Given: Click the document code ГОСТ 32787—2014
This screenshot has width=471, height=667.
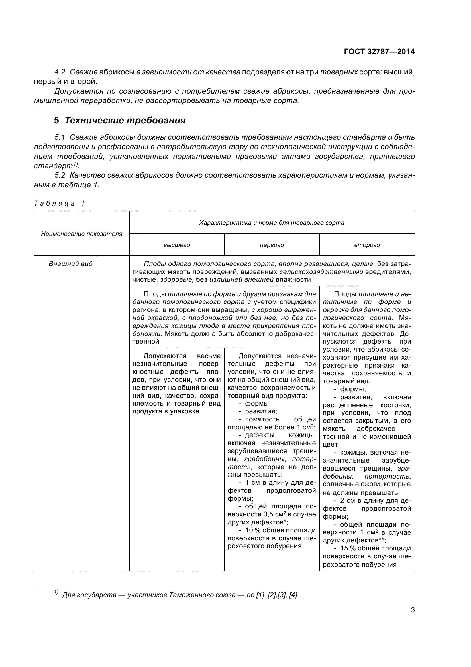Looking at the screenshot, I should pos(379,52).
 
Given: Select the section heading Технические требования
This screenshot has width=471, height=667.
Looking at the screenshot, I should pos(125,120).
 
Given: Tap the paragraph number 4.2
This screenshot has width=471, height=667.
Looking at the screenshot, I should pos(60,72).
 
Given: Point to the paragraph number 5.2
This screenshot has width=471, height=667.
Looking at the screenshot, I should pos(60,175).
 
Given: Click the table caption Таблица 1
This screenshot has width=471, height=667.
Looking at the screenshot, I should pos(59,203).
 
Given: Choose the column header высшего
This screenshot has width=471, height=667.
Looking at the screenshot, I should pos(176,245).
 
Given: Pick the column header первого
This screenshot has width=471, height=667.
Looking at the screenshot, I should pos(272,245).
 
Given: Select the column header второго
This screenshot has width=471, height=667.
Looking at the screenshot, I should pos(367,245).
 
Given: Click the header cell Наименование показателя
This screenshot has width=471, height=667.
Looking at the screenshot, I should pos(81,234).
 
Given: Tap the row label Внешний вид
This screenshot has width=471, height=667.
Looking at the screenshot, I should pos(70,264).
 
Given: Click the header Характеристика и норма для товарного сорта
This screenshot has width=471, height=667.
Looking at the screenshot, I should pos(272,223).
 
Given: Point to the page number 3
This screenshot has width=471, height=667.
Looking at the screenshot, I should pos(413,610).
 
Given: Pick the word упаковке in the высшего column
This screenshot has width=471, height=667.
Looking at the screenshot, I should pos(185,411).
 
